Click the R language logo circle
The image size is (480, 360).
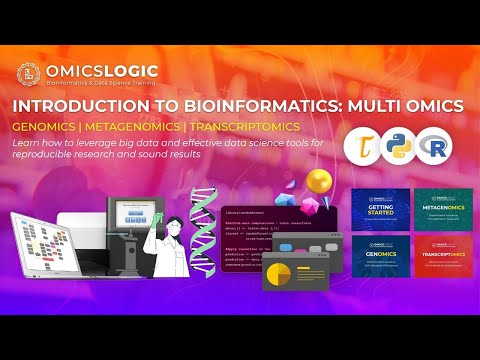(436, 147)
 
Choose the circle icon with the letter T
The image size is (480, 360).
(361, 147)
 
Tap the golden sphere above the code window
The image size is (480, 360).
(319, 180)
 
